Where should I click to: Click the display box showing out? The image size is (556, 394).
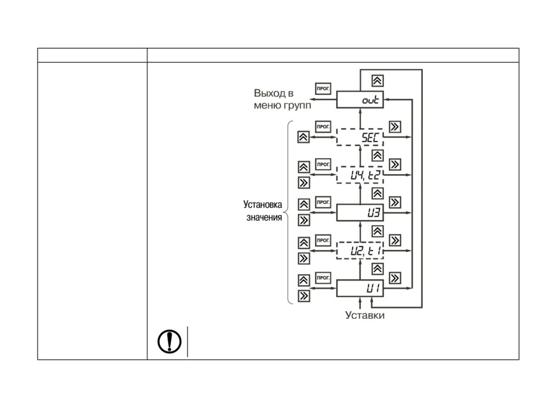(x=360, y=99)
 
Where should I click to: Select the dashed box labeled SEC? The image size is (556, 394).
(x=360, y=137)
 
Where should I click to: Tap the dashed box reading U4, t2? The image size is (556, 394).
(x=360, y=175)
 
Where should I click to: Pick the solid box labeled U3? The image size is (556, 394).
(x=360, y=213)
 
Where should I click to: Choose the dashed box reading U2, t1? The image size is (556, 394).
(x=360, y=251)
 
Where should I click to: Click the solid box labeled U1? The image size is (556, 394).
(x=360, y=288)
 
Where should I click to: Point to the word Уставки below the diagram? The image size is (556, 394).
(x=365, y=315)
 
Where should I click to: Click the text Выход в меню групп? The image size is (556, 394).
(x=282, y=99)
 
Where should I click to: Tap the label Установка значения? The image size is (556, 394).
(x=263, y=210)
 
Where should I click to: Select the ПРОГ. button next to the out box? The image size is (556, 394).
(x=323, y=89)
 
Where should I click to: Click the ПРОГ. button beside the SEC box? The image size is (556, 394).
(x=323, y=127)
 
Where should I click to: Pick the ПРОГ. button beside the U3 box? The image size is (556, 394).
(x=323, y=202)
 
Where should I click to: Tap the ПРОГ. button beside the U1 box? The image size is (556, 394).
(x=323, y=278)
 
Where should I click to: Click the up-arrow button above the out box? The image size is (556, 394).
(x=377, y=81)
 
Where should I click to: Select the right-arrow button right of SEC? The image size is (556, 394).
(x=395, y=127)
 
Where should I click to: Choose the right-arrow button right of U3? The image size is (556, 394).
(x=395, y=203)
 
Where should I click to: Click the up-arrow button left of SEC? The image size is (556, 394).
(x=304, y=137)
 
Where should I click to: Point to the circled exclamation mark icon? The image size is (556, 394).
(x=170, y=341)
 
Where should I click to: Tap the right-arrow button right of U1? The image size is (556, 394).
(x=395, y=278)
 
